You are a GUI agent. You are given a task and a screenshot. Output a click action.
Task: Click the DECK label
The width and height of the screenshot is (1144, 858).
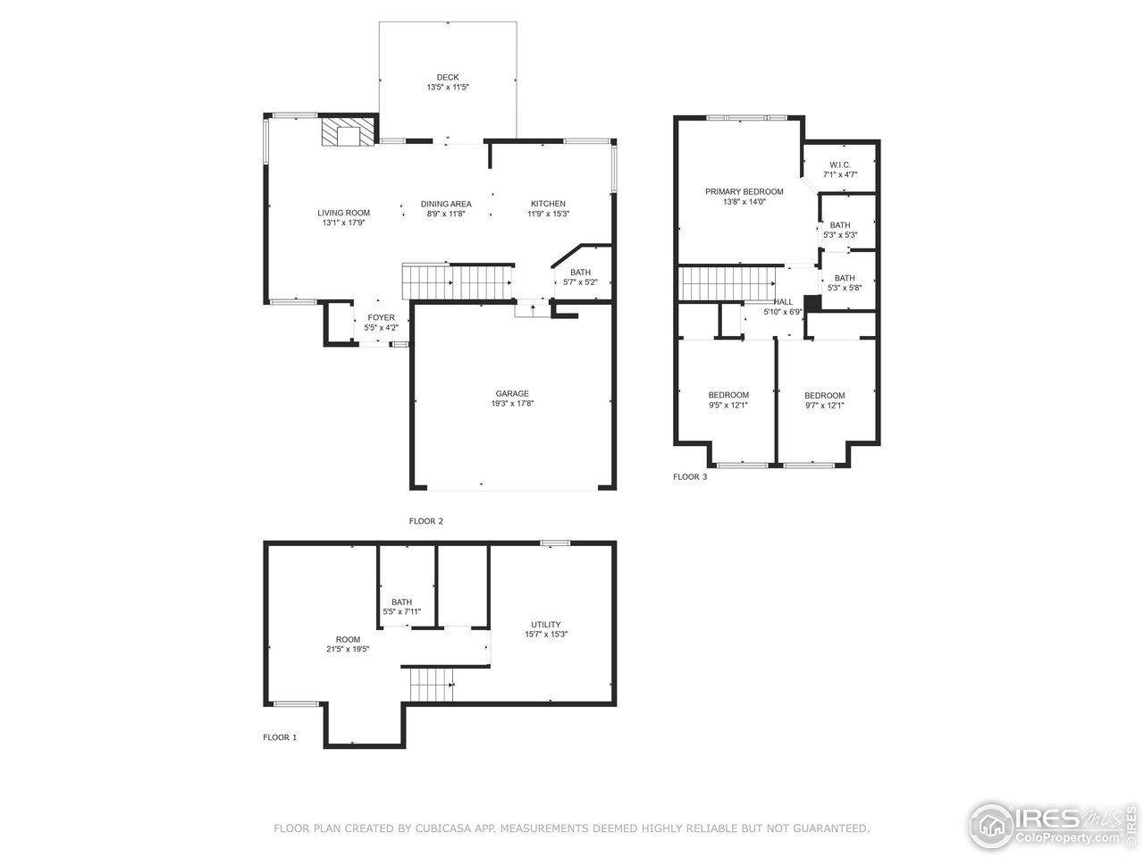click(x=447, y=78)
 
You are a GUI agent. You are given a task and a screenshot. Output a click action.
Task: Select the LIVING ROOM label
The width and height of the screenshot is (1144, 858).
click(x=343, y=213)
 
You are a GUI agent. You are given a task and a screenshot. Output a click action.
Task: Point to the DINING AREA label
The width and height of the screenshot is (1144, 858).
click(x=446, y=204)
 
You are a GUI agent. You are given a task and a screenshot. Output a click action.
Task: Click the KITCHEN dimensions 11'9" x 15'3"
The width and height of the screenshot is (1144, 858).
click(x=548, y=214)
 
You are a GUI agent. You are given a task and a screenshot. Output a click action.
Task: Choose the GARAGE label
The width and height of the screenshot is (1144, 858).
click(x=512, y=393)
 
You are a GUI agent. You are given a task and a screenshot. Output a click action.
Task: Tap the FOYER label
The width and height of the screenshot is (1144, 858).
click(x=381, y=318)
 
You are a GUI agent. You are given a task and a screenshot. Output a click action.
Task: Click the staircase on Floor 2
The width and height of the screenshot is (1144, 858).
click(x=457, y=283)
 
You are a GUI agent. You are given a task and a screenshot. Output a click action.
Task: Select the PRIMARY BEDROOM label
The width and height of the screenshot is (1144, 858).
click(x=744, y=191)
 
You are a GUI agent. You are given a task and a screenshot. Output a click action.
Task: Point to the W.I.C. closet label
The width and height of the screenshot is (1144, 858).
click(x=839, y=164)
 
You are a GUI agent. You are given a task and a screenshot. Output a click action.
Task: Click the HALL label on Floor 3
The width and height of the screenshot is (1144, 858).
click(x=783, y=302)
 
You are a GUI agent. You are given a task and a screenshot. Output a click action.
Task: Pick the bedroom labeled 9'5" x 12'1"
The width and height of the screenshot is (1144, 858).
click(x=728, y=400)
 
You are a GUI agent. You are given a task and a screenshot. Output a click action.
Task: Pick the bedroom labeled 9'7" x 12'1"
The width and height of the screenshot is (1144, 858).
click(x=824, y=400)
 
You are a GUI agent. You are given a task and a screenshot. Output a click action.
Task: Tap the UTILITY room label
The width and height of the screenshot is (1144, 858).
click(x=545, y=625)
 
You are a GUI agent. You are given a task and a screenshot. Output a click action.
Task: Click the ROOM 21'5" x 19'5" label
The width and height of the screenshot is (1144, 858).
click(x=348, y=644)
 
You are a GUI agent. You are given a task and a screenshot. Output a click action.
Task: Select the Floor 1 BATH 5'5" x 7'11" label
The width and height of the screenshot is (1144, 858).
click(x=401, y=607)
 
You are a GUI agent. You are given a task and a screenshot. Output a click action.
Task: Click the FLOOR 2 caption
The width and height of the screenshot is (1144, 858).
click(x=426, y=520)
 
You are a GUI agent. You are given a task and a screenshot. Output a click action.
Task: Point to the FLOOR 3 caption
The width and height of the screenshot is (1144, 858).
click(x=690, y=477)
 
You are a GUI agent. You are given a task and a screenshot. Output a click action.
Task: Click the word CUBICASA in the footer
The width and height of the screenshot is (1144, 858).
click(x=440, y=829)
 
